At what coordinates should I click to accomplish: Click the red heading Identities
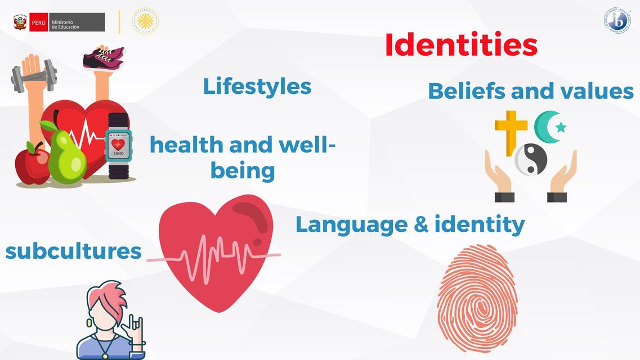461,45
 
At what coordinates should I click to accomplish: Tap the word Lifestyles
257,87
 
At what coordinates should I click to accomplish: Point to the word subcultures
73,251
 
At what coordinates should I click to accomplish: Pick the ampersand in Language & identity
423,224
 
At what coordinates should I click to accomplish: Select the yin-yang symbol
531,159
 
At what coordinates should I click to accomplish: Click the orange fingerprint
477,298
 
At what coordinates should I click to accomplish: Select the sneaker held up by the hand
104,58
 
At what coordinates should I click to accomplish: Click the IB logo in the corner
617,20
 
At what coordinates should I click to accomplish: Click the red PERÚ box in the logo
39,22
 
